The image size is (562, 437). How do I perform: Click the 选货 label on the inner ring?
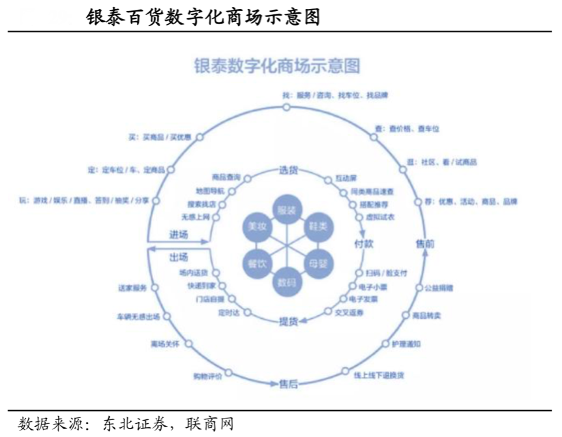[288, 171]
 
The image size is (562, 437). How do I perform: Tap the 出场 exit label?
[179, 256]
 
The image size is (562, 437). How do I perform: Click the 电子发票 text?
[364, 299]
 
